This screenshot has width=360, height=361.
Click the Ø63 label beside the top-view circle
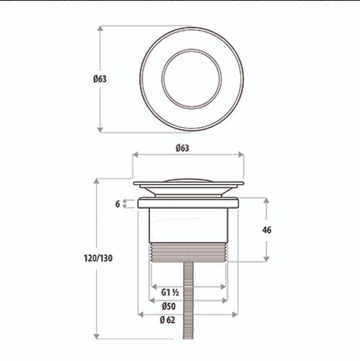100,79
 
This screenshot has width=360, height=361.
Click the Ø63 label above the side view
183,148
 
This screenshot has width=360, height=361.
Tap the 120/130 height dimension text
98,258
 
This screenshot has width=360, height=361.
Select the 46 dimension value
267,230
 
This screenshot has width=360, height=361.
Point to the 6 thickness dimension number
118,204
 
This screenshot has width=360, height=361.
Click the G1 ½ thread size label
170,292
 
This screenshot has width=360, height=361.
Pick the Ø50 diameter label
169,306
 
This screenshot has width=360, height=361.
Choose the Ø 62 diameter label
167,320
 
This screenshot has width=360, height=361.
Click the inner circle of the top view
192,50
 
